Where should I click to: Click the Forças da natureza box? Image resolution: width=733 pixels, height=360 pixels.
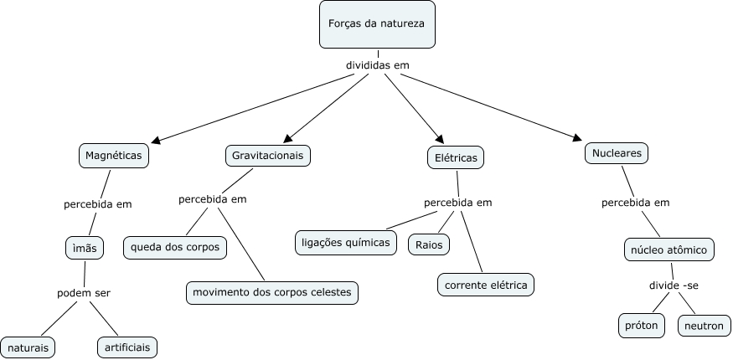[x=377, y=24]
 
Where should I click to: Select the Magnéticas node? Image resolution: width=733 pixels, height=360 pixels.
[x=115, y=156]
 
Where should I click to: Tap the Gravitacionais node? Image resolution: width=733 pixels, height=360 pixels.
[x=268, y=156]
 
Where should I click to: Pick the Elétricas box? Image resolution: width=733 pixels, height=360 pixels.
[x=455, y=157]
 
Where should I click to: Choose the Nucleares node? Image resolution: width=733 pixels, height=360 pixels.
[x=617, y=154]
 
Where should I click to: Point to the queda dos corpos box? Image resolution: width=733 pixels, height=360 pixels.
[x=175, y=248]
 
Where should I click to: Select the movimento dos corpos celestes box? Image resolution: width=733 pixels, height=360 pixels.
[x=272, y=292]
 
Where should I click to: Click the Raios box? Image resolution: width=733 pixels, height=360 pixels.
[x=429, y=245]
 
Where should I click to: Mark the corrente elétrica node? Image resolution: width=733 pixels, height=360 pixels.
[x=486, y=285]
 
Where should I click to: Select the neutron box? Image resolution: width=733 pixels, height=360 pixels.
[x=704, y=326]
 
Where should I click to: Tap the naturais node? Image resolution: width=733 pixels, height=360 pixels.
[x=28, y=347]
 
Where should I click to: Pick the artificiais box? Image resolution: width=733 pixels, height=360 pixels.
[x=127, y=347]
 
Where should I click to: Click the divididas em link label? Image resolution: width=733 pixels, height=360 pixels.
[x=378, y=65]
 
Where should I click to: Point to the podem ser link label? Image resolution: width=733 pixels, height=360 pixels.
[x=84, y=293]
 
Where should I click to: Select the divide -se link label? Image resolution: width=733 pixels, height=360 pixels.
[x=674, y=286]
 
